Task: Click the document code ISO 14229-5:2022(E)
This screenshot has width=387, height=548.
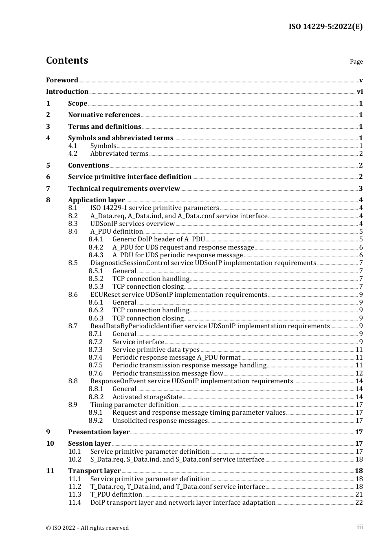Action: (x=325, y=27)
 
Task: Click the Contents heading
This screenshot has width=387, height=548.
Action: (x=67, y=60)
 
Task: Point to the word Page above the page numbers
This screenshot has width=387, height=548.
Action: (x=356, y=62)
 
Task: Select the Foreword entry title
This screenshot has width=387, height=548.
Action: (x=62, y=80)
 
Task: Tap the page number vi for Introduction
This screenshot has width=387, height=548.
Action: (x=360, y=92)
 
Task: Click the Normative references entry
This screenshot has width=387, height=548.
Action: (x=104, y=115)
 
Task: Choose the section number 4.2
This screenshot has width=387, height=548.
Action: (x=73, y=154)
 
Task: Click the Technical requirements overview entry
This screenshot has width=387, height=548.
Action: (x=124, y=188)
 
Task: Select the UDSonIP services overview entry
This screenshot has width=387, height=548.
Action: (x=132, y=224)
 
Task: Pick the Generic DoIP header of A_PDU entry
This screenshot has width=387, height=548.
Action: (x=158, y=239)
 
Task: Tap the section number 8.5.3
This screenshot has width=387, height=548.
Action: (x=96, y=287)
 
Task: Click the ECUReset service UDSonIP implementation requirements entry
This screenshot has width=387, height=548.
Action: (x=178, y=295)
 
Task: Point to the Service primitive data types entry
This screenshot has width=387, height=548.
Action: (x=156, y=350)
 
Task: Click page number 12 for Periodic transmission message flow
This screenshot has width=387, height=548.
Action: (x=359, y=373)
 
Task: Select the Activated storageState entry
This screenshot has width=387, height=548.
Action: (x=147, y=397)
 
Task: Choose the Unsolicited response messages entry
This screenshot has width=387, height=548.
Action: (x=160, y=421)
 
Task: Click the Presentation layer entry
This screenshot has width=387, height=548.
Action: (x=99, y=432)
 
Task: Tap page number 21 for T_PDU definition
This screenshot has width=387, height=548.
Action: (x=359, y=495)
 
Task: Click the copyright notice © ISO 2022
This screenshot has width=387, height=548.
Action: (x=87, y=528)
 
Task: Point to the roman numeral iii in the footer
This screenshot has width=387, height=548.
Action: (x=360, y=527)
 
